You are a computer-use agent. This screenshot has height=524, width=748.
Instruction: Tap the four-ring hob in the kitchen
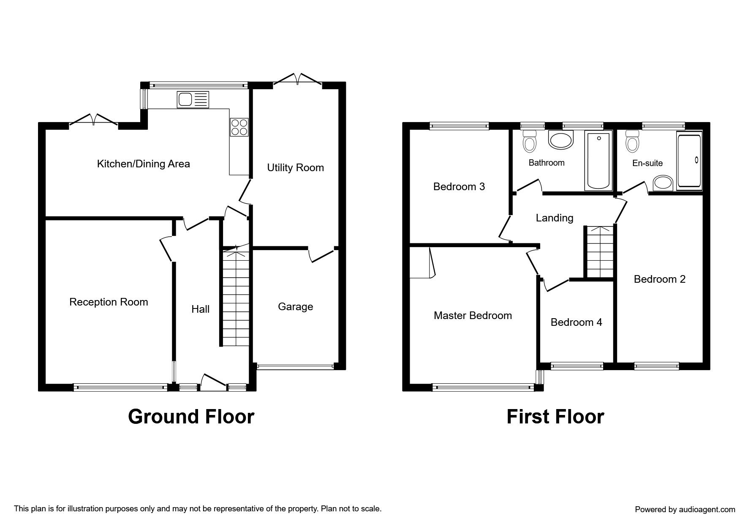coord(239,127)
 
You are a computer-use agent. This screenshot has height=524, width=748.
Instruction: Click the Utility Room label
coord(295,168)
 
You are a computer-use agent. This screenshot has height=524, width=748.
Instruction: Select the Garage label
coord(295,306)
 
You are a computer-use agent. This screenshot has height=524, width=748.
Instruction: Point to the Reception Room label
coord(109,302)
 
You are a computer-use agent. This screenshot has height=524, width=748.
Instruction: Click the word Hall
coord(200,309)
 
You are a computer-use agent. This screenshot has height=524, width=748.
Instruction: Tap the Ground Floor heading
coord(191,416)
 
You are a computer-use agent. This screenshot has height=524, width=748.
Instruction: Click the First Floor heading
coord(555,416)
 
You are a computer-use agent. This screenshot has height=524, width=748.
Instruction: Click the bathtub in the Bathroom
coord(598,160)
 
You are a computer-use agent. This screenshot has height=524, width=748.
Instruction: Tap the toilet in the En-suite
coord(632,140)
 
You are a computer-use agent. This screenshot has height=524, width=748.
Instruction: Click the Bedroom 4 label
coord(576,322)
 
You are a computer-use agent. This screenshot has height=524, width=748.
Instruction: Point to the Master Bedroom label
coord(473,316)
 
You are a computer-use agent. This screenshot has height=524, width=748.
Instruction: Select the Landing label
coord(555,218)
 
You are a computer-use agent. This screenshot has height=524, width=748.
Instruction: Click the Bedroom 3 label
coord(459,186)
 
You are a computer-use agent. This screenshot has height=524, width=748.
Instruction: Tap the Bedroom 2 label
coord(659,279)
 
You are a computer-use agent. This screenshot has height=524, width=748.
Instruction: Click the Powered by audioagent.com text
coord(685,510)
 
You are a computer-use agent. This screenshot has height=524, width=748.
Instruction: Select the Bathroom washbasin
coord(561,140)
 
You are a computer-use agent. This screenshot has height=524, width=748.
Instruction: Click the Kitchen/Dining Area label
coord(144,164)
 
